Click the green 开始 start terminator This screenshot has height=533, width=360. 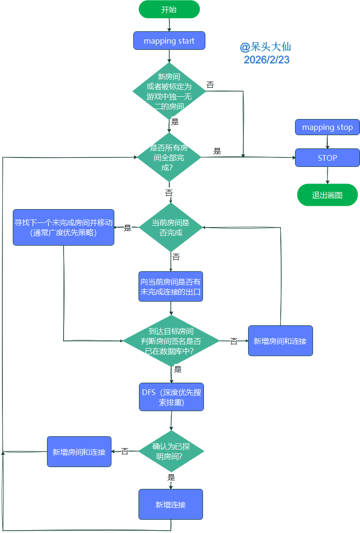tap(169, 9)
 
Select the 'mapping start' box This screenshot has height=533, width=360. tap(169, 41)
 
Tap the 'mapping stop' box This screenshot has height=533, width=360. tap(327, 127)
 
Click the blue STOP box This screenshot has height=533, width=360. tap(327, 158)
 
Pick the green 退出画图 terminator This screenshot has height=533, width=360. tap(327, 195)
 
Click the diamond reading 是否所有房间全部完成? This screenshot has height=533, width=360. tap(169, 157)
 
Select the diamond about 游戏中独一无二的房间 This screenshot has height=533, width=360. tap(169, 91)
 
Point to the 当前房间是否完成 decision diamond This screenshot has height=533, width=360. tap(170, 228)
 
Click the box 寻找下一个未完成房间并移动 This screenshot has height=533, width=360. tap(64, 227)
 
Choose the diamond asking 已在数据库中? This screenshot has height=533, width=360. tap(171, 340)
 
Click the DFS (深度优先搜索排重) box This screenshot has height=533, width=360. tap(171, 397)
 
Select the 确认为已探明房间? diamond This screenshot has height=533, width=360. tap(171, 451)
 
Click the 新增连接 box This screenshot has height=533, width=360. tap(171, 505)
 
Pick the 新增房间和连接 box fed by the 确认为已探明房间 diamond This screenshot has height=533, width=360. tap(79, 452)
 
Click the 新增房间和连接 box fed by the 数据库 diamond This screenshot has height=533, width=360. tap(280, 341)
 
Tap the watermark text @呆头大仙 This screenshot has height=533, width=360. tap(265, 47)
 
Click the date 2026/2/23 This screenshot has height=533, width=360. tap(267, 60)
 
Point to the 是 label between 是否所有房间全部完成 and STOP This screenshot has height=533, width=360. tap(217, 151)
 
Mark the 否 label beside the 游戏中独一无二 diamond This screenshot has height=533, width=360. tap(210, 85)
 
